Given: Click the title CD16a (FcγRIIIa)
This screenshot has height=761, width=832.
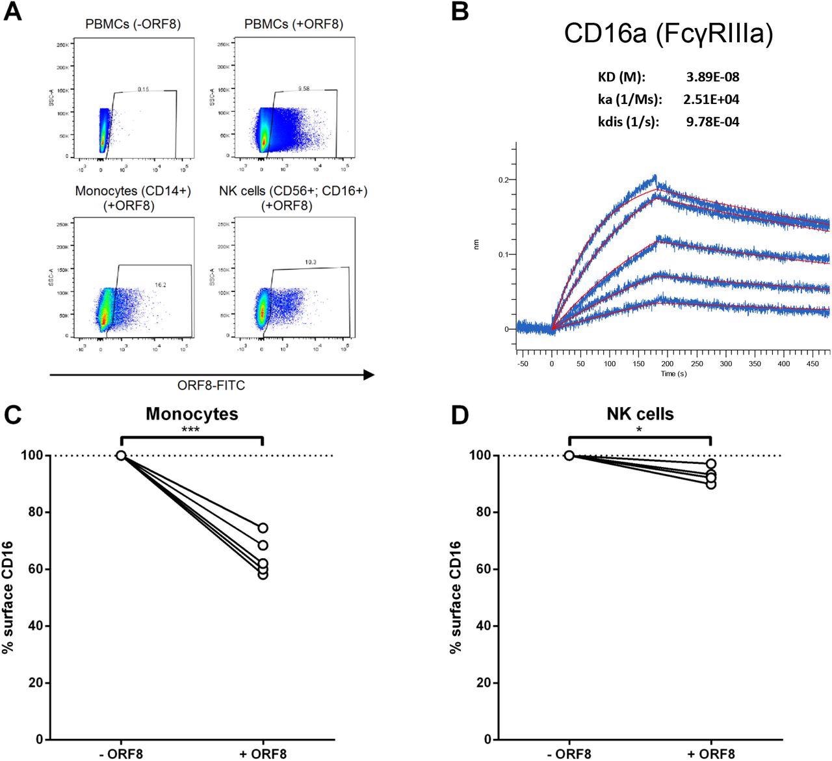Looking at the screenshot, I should (x=668, y=34).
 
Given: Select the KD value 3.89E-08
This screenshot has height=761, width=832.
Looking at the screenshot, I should (x=712, y=77).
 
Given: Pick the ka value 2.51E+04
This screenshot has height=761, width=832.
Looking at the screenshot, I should (x=712, y=100).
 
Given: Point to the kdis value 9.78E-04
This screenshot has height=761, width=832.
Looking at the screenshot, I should (x=712, y=122).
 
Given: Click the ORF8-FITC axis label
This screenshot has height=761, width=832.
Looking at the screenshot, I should (x=211, y=386).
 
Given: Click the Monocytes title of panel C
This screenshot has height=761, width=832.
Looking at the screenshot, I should (x=192, y=414).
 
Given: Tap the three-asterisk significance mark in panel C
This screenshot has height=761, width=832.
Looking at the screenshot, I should (x=191, y=430).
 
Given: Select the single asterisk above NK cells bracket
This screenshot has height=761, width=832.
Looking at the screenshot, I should (x=640, y=430).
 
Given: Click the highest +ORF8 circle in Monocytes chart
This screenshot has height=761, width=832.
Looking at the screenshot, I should (x=262, y=528).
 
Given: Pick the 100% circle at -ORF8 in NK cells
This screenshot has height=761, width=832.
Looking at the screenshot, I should (x=569, y=455).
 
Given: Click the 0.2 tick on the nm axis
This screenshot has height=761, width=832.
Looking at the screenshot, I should (x=502, y=180).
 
